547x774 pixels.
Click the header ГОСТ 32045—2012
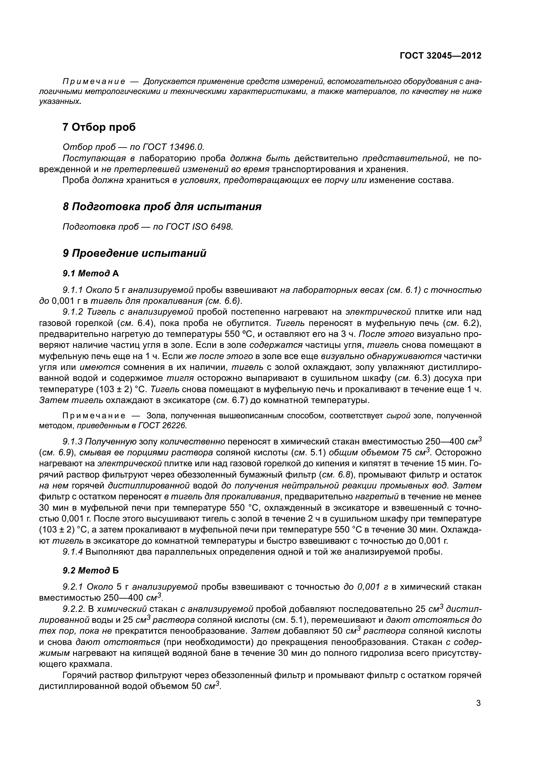coord(440,56)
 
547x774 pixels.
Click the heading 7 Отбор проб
coord(99,127)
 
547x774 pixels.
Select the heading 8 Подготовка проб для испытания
coord(162,206)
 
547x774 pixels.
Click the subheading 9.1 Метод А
coord(91,273)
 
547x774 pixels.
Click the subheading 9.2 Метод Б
coord(91,571)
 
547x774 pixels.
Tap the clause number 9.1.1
coord(73,290)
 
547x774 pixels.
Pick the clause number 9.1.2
coord(73,312)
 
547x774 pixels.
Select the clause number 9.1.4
coord(73,552)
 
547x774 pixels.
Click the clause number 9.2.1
coord(73,587)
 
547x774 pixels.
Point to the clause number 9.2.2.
coord(74,609)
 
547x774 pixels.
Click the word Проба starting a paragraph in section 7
coord(76,180)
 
